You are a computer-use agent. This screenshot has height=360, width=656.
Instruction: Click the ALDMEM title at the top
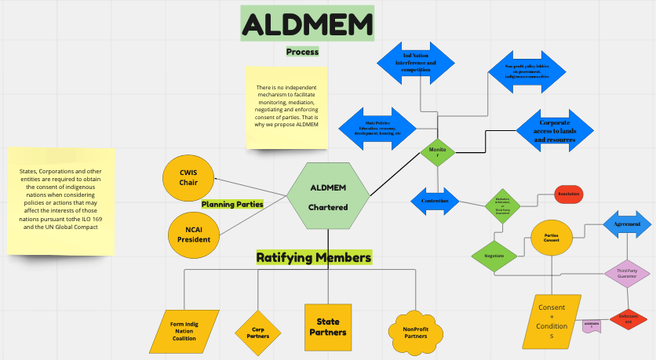point(308,24)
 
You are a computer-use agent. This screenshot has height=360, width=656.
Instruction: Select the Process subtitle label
point(302,52)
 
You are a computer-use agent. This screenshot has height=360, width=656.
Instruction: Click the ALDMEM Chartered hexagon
point(328,196)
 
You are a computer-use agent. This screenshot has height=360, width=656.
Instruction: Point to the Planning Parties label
point(232,204)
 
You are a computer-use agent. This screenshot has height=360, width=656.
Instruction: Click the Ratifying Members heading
point(314,256)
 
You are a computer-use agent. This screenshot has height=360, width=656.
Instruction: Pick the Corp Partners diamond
point(257,331)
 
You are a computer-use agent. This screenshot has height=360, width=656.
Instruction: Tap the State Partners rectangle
point(328,326)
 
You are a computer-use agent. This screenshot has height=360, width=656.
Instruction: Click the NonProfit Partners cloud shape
point(415,331)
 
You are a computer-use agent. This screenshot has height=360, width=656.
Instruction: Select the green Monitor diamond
point(438,151)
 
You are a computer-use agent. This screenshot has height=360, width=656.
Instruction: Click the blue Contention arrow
point(435,201)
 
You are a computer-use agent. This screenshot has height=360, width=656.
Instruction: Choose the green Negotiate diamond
point(494,255)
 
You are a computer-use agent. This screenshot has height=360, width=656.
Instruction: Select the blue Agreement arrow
point(626,224)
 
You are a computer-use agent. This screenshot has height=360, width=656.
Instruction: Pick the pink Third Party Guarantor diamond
point(627,273)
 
